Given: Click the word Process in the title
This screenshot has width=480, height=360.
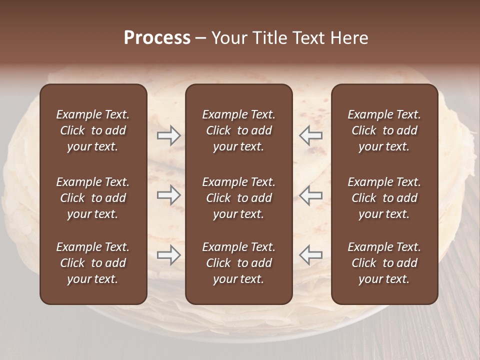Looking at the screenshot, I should click(157, 38).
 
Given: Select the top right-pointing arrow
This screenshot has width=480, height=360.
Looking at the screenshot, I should click(168, 135).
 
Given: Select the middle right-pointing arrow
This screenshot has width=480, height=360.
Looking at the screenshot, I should click(168, 195).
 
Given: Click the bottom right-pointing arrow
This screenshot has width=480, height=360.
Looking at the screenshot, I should click(168, 255).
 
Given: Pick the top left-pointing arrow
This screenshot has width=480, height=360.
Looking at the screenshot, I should click(310, 135).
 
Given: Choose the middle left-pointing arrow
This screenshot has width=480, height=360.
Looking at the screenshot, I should click(310, 195).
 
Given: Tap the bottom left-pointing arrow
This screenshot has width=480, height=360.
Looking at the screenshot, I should click(310, 255).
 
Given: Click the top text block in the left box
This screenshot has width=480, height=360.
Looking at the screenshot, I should click(93, 130).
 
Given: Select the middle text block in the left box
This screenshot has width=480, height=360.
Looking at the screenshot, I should click(93, 198).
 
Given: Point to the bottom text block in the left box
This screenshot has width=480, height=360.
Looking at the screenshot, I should click(93, 263).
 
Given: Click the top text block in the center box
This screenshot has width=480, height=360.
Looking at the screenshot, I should click(238, 130).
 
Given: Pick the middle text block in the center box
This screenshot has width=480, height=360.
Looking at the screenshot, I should click(238, 198).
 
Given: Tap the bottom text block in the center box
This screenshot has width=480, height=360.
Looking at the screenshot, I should click(238, 263).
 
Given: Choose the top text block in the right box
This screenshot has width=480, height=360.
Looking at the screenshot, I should click(384, 130).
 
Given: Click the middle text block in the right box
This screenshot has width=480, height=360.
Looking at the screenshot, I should click(384, 198).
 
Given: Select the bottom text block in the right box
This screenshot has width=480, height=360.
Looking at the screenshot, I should click(384, 263).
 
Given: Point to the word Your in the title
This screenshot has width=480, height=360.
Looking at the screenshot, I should click(229, 38).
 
